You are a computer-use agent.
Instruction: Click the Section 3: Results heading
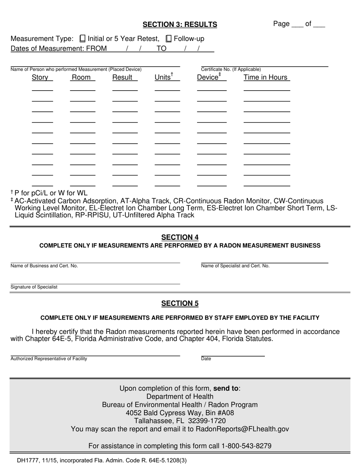point(180,25)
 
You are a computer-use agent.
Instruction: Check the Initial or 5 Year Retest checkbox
point(83,39)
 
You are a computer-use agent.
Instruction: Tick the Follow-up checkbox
point(169,39)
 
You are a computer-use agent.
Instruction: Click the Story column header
point(40,78)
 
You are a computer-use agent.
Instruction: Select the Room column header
point(81,78)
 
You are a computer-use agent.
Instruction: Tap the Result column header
point(122,78)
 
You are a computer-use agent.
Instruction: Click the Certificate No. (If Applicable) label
point(231,69)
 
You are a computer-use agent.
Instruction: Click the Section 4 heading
point(180,238)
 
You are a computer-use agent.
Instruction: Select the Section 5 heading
point(180,303)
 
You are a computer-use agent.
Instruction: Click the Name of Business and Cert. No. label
point(44,266)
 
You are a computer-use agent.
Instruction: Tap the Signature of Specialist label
point(34,287)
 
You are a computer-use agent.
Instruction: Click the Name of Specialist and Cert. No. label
point(235,266)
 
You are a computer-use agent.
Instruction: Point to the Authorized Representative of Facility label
point(49,359)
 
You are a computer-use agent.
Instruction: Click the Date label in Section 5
point(206,359)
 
